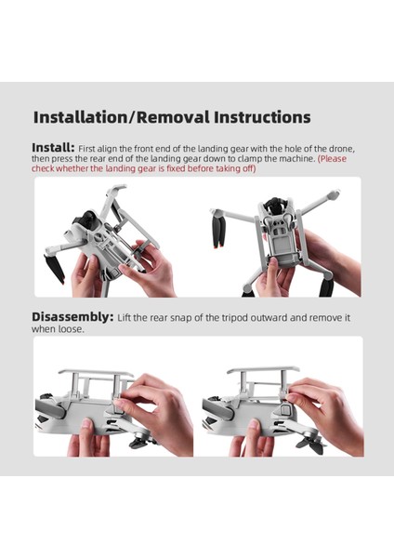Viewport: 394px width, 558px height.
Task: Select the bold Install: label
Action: click(53, 148)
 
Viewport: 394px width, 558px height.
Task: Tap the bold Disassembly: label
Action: click(72, 316)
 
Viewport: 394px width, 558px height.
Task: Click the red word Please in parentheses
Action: click(337, 159)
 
